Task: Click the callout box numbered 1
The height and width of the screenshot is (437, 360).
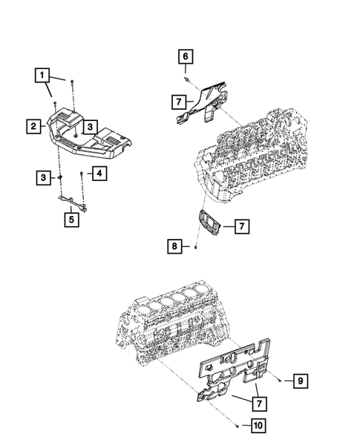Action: point(45,74)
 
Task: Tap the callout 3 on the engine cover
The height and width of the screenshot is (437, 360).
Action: point(88,127)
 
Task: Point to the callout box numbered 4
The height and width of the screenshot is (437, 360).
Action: point(98,174)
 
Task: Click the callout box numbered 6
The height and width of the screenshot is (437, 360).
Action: point(185,56)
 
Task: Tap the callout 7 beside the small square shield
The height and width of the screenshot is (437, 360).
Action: point(241,226)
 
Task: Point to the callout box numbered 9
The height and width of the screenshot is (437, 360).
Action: point(301,381)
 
